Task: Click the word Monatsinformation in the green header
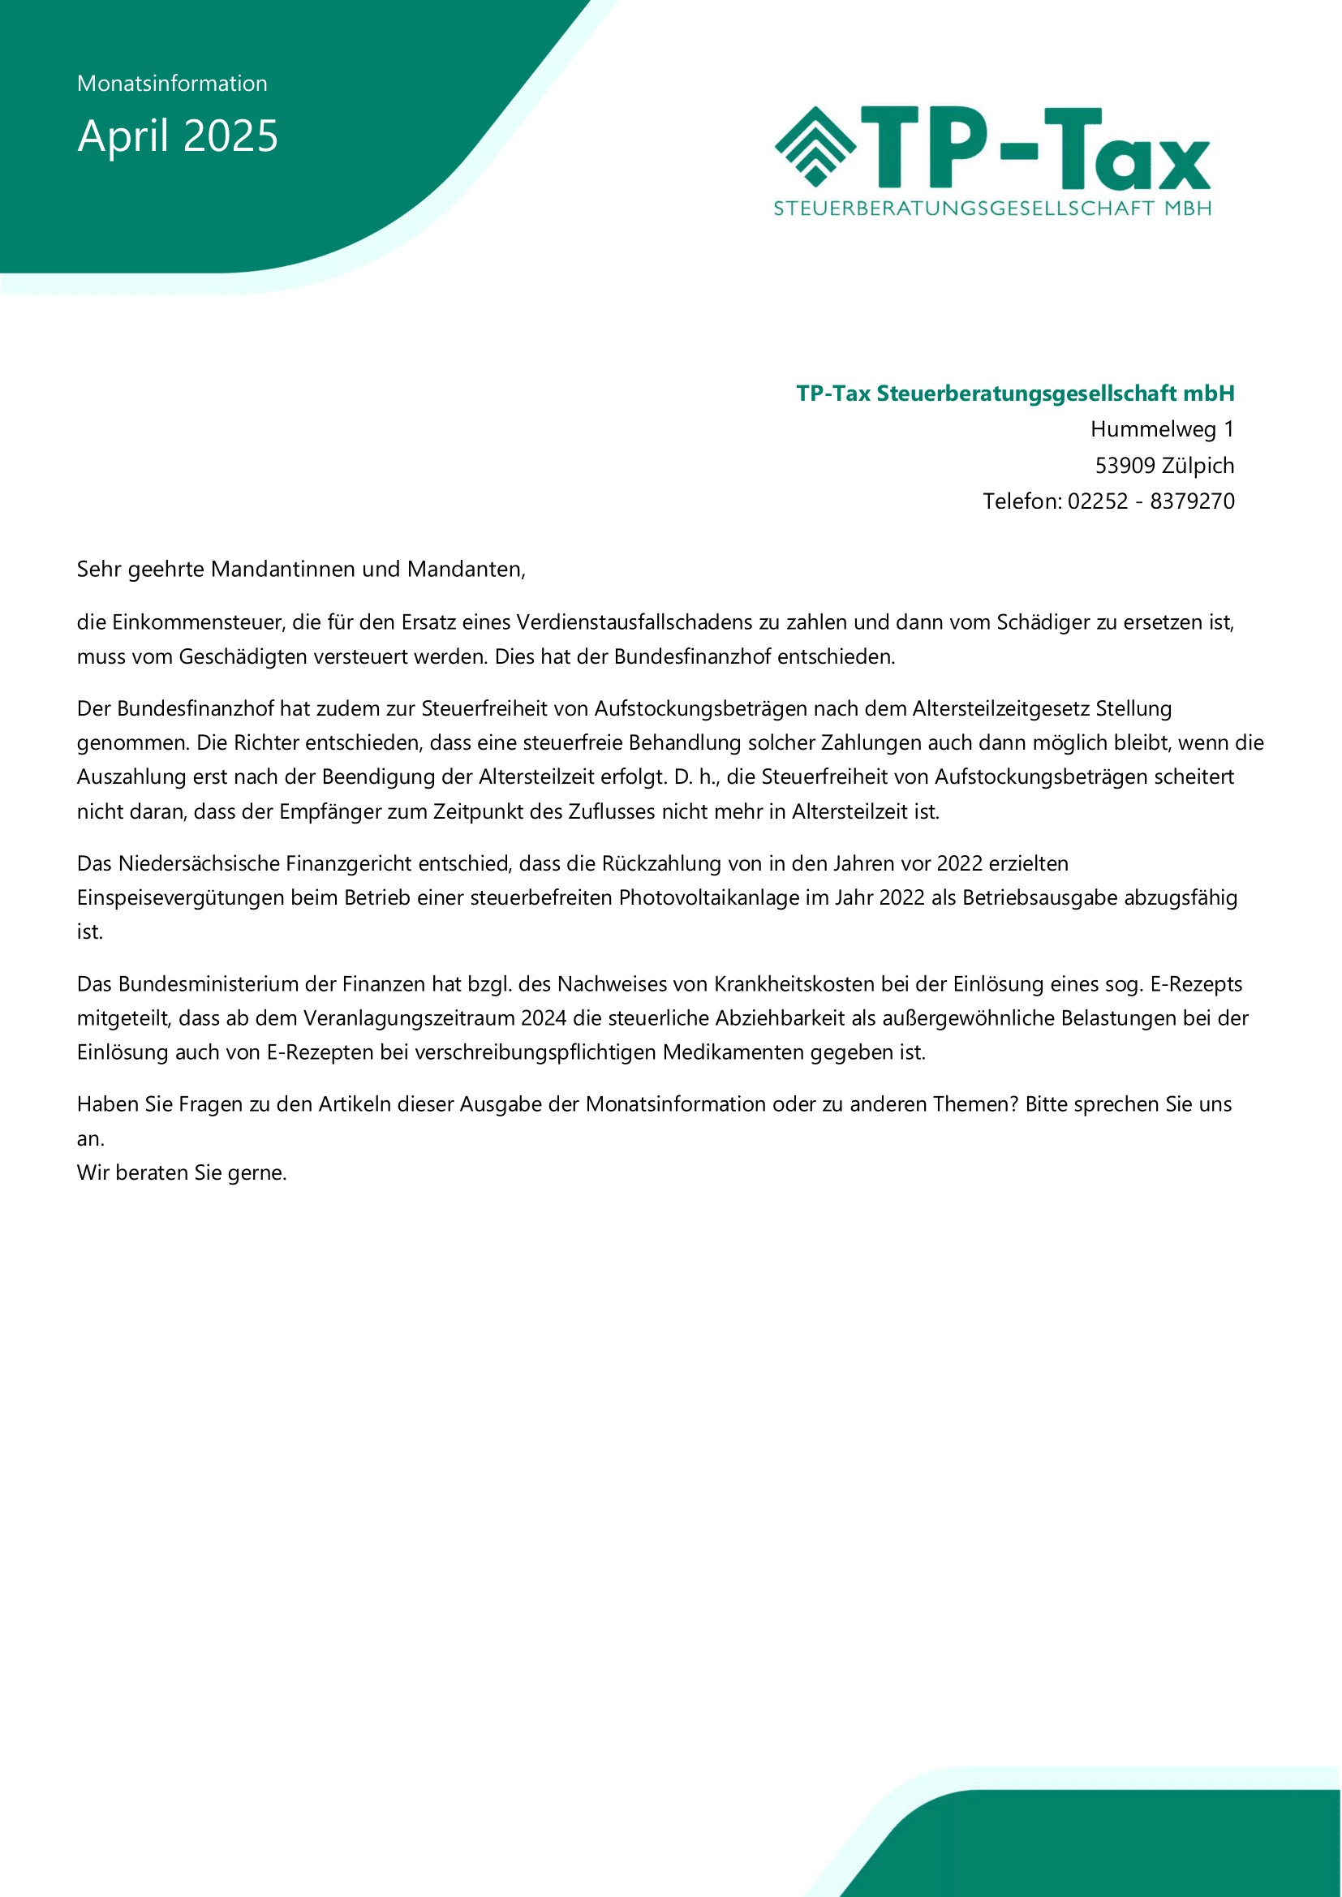[172, 84]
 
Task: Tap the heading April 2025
[178, 135]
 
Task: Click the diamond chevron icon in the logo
[815, 146]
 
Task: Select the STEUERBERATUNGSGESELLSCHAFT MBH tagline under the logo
[992, 209]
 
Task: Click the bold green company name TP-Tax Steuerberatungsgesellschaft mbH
[1015, 394]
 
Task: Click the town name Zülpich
[1198, 465]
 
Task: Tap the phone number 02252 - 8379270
[1151, 501]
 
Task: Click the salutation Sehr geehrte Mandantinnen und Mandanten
[301, 570]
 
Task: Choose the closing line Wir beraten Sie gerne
[182, 1172]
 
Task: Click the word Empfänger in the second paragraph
[330, 811]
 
